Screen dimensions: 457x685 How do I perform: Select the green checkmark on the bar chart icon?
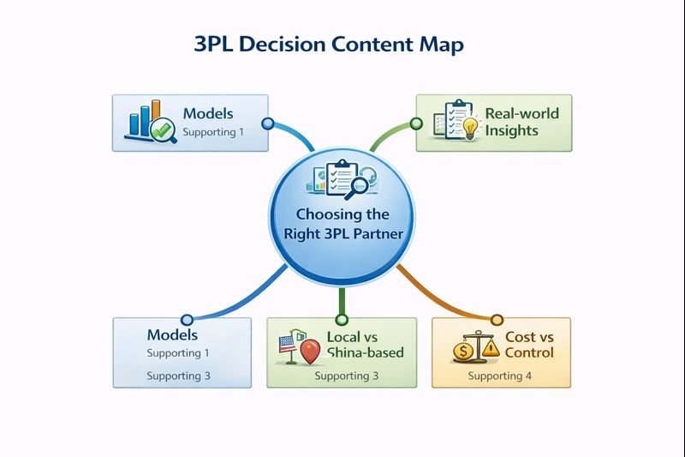coord(161,130)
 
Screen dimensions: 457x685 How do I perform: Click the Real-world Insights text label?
coord(522,121)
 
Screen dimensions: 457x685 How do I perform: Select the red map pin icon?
coord(310,351)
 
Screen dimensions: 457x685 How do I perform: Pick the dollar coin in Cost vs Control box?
coord(463,352)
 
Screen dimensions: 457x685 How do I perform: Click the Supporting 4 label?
coord(500,376)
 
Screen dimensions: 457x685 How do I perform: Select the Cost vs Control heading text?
coord(529,345)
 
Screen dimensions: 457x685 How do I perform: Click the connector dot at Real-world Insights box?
coord(416,123)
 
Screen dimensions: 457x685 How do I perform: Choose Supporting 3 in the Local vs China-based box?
coord(347,376)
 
